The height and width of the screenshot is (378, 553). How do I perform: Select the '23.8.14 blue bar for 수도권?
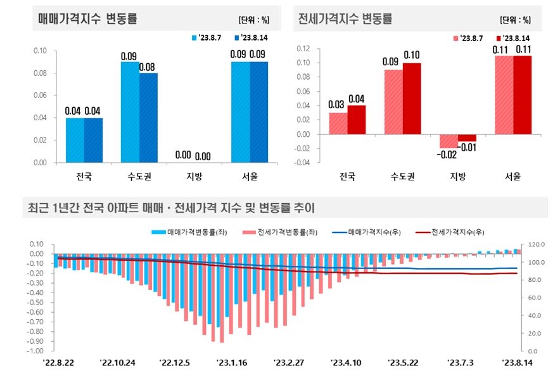click(x=148, y=117)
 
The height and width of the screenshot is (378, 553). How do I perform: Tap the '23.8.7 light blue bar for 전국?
click(x=75, y=140)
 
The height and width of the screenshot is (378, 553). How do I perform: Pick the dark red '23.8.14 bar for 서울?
click(x=523, y=95)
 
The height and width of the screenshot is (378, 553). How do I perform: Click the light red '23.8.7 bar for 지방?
click(x=449, y=141)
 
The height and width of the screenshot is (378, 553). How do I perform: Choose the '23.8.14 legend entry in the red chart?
click(x=515, y=38)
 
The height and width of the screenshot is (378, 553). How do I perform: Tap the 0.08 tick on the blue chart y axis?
click(x=40, y=73)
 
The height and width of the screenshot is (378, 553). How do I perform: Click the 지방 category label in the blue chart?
click(x=194, y=177)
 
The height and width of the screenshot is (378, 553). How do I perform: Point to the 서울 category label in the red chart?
click(x=512, y=177)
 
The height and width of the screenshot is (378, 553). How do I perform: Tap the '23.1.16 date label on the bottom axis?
click(x=232, y=363)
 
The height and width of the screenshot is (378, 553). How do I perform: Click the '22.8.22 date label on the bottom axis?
click(x=59, y=363)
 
